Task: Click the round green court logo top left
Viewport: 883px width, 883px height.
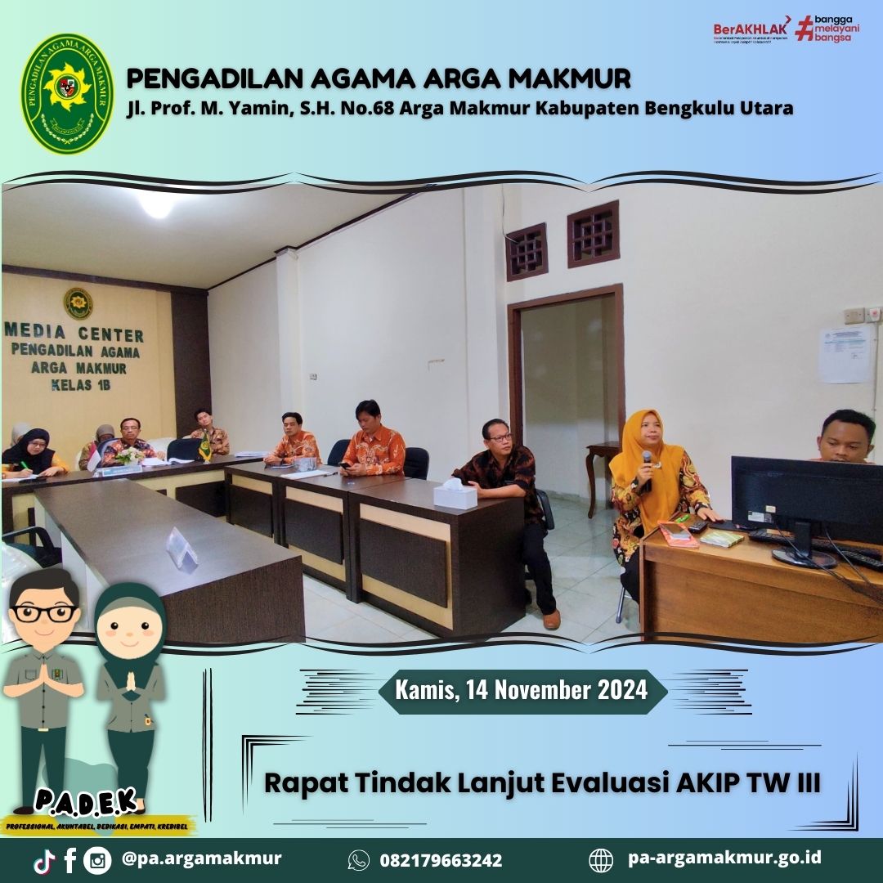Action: point(67,94)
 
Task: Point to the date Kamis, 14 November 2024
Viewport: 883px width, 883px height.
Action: point(522,690)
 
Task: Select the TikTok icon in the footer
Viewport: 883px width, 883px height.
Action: point(44,860)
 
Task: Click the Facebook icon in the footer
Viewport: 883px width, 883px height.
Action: point(69,860)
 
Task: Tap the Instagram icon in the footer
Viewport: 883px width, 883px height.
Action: point(97,860)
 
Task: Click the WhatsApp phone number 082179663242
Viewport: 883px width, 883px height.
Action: point(441,860)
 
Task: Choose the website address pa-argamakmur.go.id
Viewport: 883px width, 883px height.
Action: point(724,858)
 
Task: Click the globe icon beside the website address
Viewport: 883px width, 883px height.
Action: point(601,860)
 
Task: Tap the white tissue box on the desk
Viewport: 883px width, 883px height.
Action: point(455,494)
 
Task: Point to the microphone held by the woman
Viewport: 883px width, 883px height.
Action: point(647,468)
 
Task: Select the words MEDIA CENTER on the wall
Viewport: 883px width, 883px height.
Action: point(74,334)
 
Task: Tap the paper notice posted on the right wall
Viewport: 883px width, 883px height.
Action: point(845,354)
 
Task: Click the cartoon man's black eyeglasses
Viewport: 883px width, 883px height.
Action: point(46,612)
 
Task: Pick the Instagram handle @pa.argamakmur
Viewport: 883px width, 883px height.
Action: point(201,858)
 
